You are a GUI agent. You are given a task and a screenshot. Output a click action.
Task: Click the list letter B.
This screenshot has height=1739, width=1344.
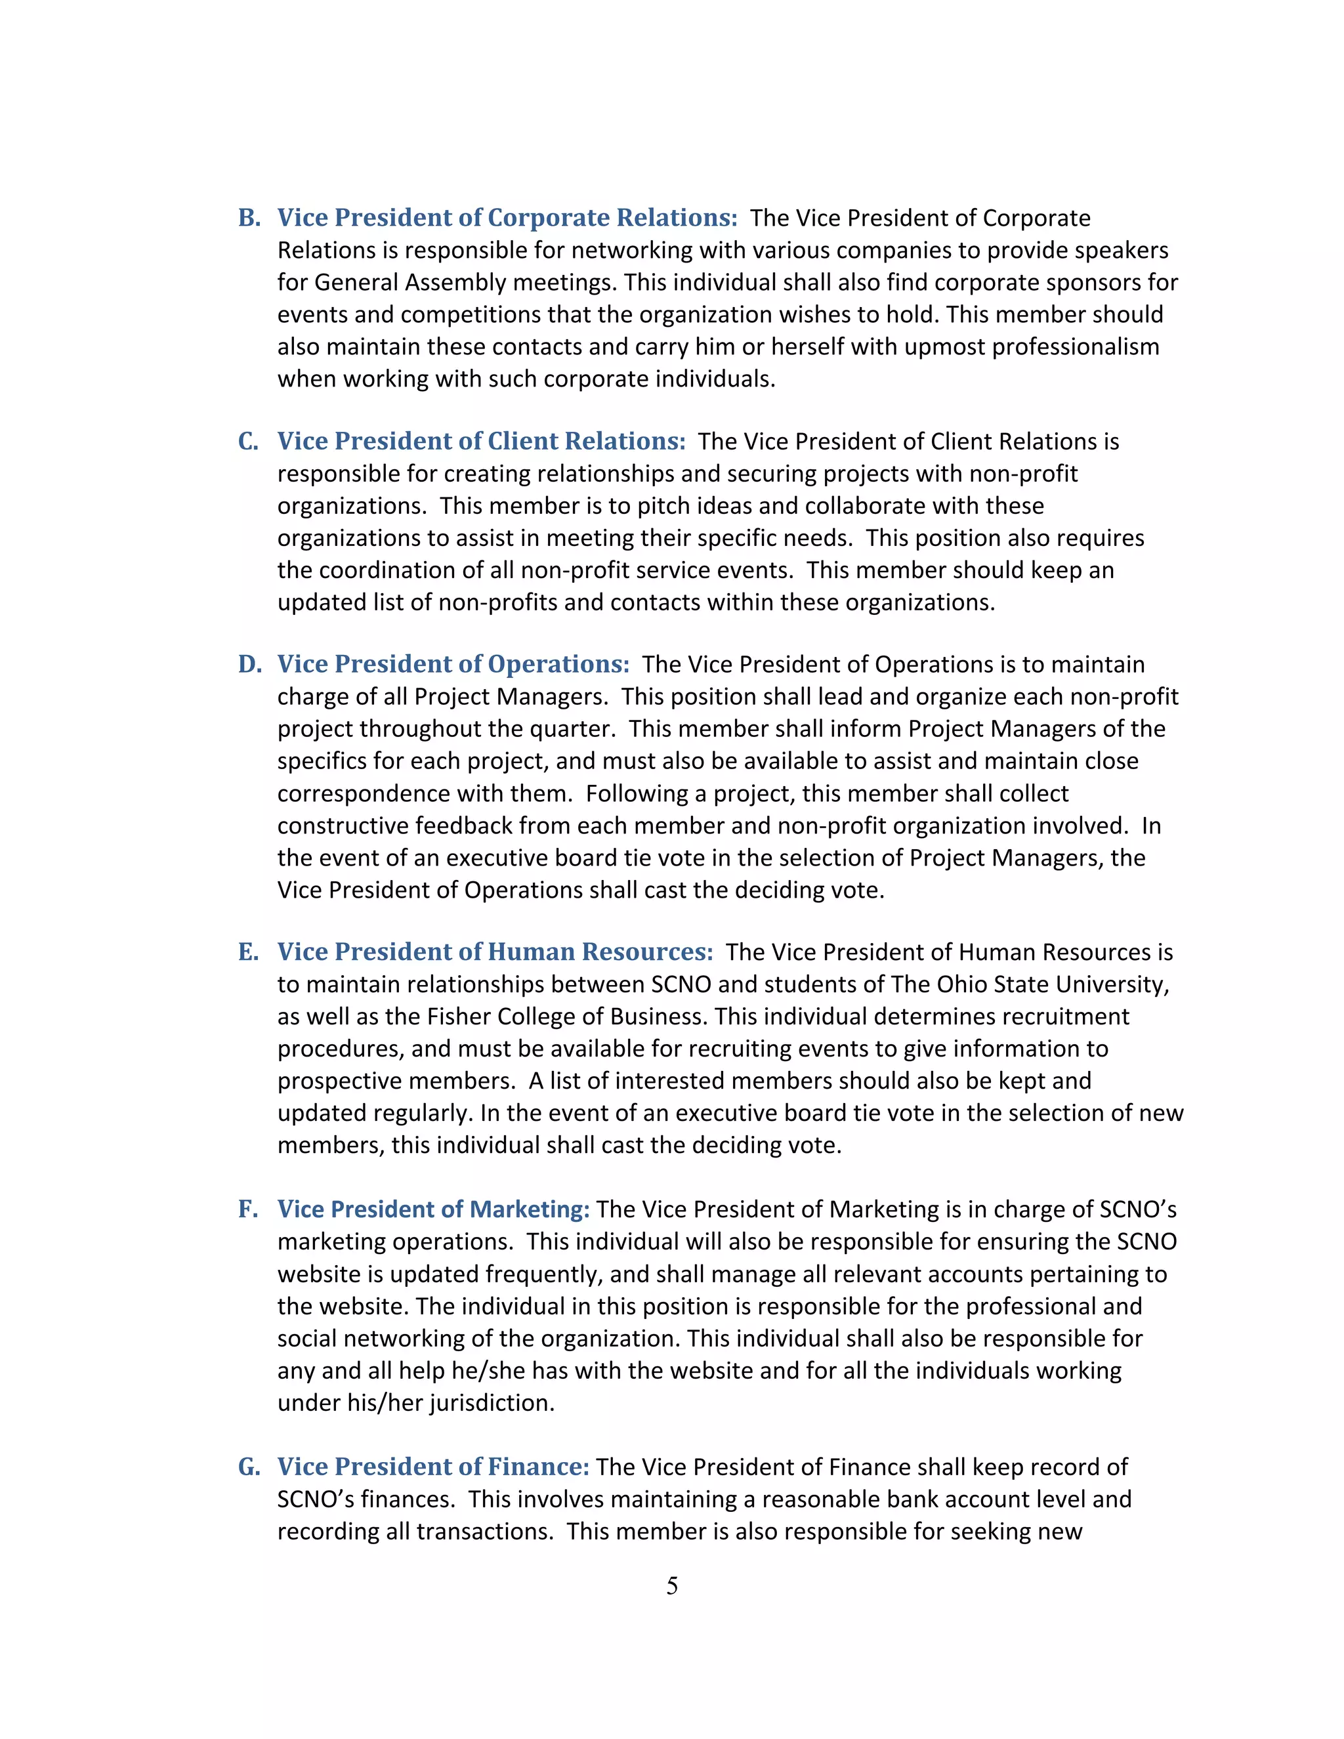[x=249, y=218]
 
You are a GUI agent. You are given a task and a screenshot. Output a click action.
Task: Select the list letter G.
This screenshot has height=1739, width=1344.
[x=249, y=1467]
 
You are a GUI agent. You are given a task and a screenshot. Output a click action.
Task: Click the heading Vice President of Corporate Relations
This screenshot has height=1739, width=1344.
[x=507, y=218]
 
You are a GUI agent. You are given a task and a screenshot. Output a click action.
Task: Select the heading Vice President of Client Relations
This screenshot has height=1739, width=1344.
[x=481, y=442]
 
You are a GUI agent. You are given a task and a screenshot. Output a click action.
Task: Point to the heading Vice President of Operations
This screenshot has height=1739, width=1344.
[x=453, y=665]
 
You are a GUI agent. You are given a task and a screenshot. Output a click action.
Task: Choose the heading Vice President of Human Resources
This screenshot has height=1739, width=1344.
[x=494, y=952]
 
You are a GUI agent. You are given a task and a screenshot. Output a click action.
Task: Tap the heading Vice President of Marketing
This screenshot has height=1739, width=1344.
[x=433, y=1209]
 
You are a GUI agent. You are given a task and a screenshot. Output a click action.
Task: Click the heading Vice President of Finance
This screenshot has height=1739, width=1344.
[x=433, y=1467]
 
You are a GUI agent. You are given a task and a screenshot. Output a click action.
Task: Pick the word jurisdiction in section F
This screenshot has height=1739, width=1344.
[x=492, y=1403]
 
